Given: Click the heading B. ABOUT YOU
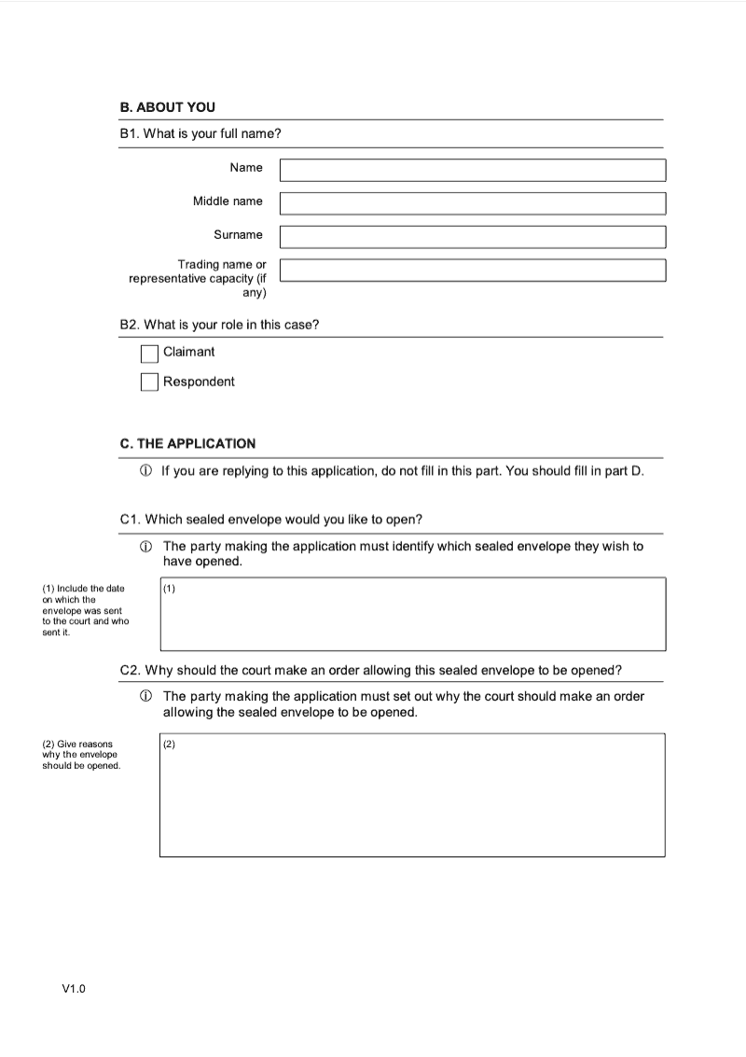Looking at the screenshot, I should (168, 107).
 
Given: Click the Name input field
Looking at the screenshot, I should (473, 170).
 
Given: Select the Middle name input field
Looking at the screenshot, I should (473, 203).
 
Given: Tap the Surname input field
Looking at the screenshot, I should (473, 237).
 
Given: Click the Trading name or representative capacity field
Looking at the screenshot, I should (473, 271).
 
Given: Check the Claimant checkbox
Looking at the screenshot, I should (149, 354).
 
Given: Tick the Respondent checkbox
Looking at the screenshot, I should (149, 382).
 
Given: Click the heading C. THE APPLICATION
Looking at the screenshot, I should (187, 444).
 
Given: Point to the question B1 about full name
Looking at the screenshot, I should (200, 134).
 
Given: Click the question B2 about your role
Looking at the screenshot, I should (219, 325).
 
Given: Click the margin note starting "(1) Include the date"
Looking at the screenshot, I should (85, 610).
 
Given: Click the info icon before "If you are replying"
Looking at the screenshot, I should (146, 471).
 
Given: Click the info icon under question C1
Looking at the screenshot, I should (146, 547).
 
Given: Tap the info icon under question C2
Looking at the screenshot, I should (146, 697).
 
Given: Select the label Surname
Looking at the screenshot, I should (238, 235).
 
